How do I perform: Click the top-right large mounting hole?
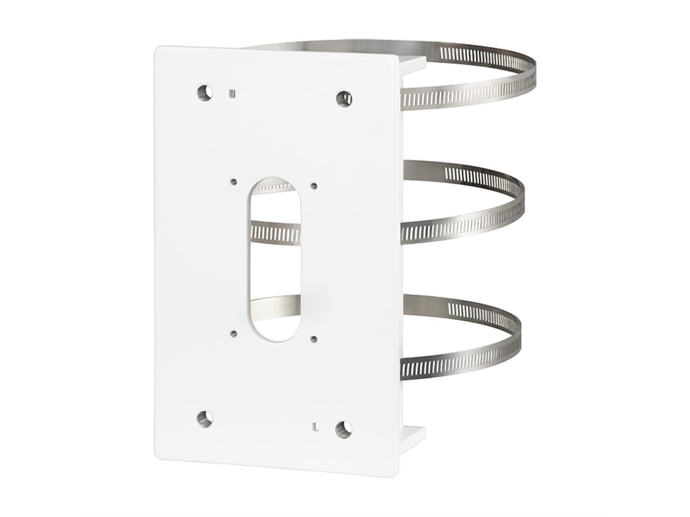tap(344, 98)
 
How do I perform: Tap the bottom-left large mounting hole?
tap(202, 418)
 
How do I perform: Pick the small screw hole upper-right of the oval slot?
tap(313, 185)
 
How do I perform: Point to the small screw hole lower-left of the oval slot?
tap(232, 331)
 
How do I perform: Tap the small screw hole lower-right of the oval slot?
tap(313, 338)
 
